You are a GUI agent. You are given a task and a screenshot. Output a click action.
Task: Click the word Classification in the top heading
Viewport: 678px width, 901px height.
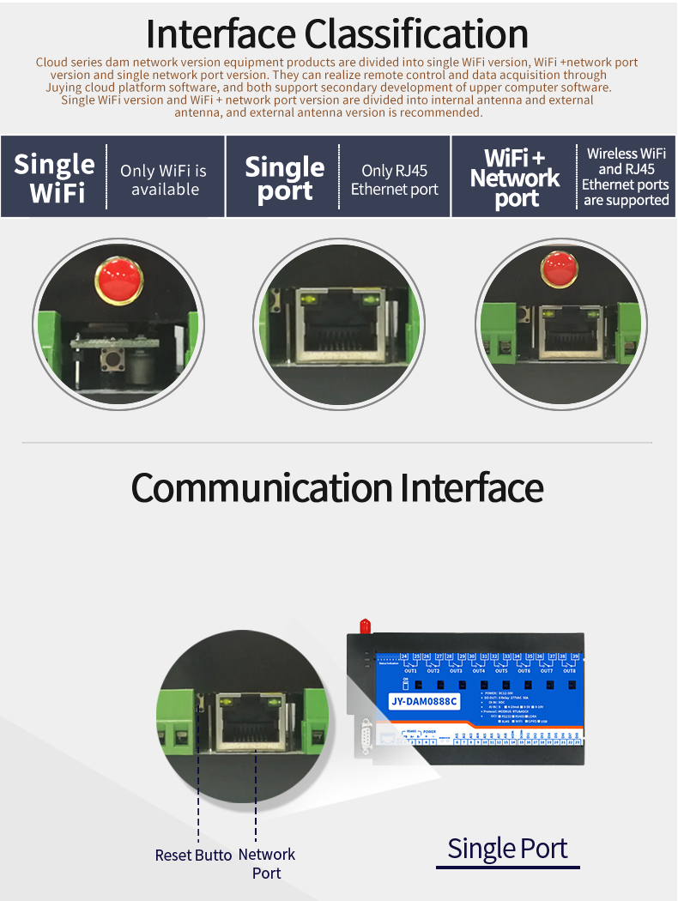(417, 34)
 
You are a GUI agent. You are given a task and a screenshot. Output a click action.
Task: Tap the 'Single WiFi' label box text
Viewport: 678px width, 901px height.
(55, 178)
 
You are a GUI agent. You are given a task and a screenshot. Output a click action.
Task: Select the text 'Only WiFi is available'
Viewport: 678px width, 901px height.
(164, 180)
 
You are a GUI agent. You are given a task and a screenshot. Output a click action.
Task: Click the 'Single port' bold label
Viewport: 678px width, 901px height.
(285, 178)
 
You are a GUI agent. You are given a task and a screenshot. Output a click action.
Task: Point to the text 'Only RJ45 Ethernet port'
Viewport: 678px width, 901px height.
(394, 180)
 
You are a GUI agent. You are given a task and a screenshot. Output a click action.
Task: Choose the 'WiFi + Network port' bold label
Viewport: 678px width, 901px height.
(515, 178)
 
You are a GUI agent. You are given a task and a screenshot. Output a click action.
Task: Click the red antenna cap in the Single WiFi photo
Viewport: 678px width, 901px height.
(119, 278)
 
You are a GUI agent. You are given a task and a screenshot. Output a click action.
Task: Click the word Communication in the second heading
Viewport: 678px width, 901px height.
(262, 487)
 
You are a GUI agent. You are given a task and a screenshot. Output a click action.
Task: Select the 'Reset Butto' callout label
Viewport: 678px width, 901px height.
(193, 855)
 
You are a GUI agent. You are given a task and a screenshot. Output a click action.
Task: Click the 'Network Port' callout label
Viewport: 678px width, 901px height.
(266, 863)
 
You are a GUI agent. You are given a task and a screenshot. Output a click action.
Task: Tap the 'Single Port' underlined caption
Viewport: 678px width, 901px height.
(507, 849)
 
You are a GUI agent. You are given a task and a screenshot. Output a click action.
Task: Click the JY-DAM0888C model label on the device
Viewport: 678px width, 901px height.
(426, 702)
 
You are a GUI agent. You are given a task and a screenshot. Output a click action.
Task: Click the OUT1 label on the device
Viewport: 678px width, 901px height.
(410, 670)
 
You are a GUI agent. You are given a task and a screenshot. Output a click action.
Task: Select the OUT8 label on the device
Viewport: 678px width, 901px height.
(569, 670)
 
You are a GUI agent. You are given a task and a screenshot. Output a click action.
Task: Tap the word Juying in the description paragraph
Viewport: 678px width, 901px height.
(66, 87)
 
